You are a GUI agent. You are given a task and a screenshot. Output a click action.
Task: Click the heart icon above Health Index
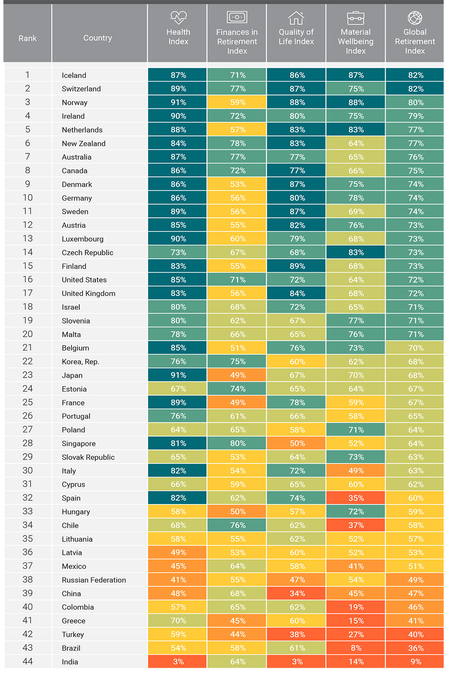pos(179,18)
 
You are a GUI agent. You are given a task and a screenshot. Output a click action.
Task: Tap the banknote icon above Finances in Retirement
pos(237,17)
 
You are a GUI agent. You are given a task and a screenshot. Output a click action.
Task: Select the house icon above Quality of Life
pos(296,18)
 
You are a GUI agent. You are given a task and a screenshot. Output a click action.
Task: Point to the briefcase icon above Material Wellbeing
pos(355,18)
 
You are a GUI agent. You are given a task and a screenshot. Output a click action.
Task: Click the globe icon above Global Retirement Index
pos(415,18)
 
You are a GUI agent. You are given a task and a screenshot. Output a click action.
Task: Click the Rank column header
pos(27,38)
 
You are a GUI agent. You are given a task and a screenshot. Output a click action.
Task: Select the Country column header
pos(98,38)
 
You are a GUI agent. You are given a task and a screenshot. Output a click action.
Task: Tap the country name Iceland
pos(74,75)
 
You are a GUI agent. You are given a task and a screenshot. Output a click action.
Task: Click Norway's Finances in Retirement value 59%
pos(238,102)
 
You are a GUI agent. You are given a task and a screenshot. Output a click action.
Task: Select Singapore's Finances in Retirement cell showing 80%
pos(237,443)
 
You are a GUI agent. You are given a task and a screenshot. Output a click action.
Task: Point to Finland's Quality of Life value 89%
pos(297,266)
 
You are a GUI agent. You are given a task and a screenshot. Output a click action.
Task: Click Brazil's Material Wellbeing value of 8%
pos(356,648)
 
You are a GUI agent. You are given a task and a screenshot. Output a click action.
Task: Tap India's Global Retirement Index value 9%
pos(416,661)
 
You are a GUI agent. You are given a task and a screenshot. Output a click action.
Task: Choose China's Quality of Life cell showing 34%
pos(296,594)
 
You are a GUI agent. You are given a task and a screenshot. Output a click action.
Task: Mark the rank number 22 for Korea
pos(27,361)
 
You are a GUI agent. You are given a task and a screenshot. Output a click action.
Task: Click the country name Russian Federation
pos(94,580)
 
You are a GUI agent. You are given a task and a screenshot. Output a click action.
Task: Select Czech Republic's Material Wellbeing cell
pos(355,252)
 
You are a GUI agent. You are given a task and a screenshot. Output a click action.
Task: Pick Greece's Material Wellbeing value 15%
pos(356,621)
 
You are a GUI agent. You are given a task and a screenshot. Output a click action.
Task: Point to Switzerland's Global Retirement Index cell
pos(415,89)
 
